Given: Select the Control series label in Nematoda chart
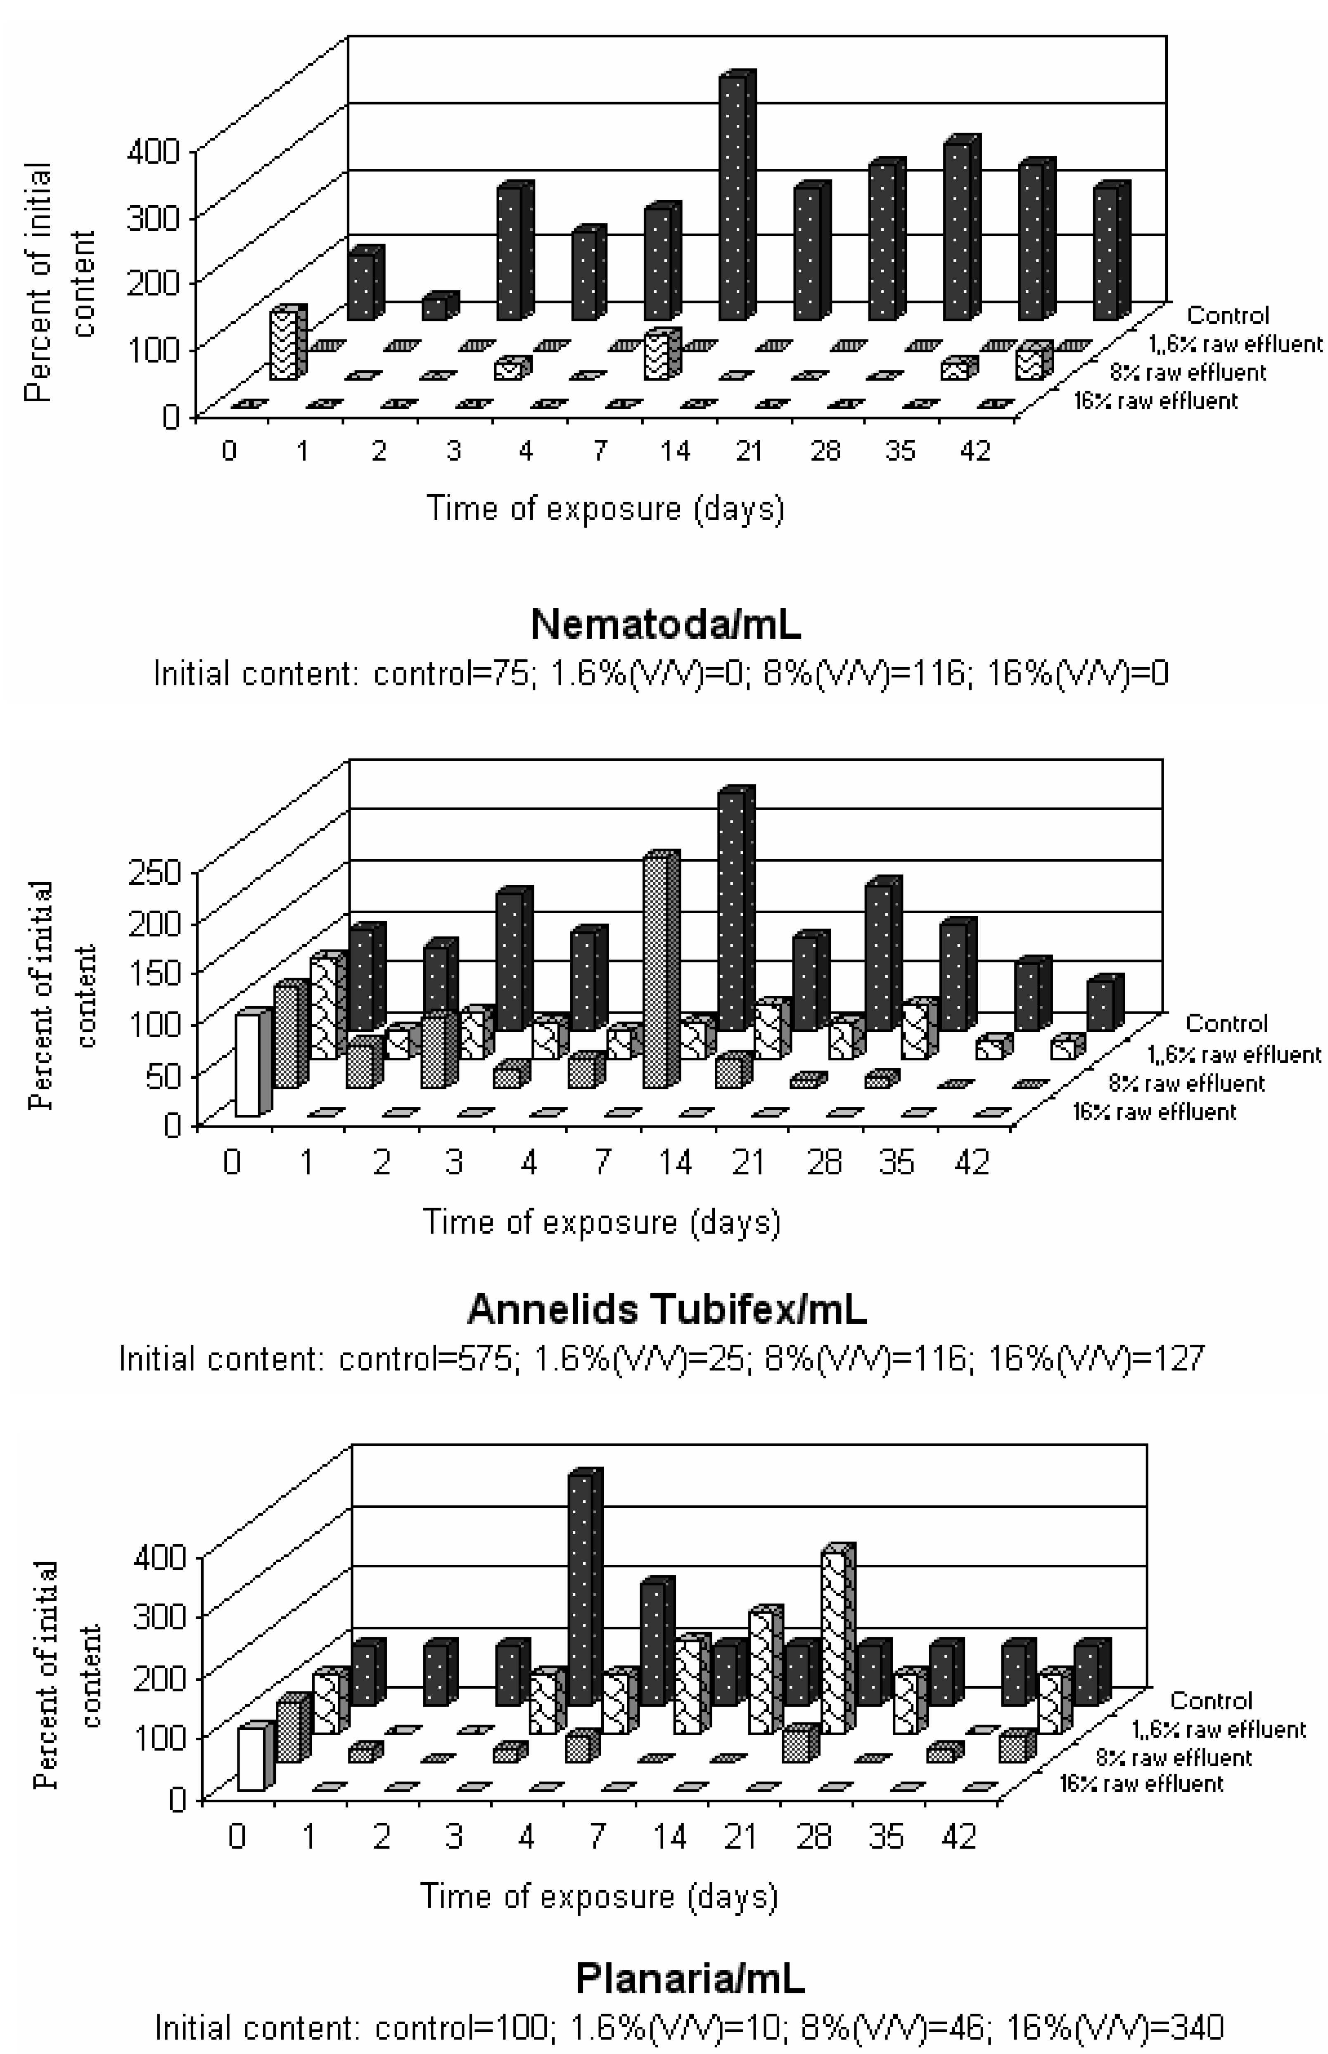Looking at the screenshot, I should click(x=1228, y=315).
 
